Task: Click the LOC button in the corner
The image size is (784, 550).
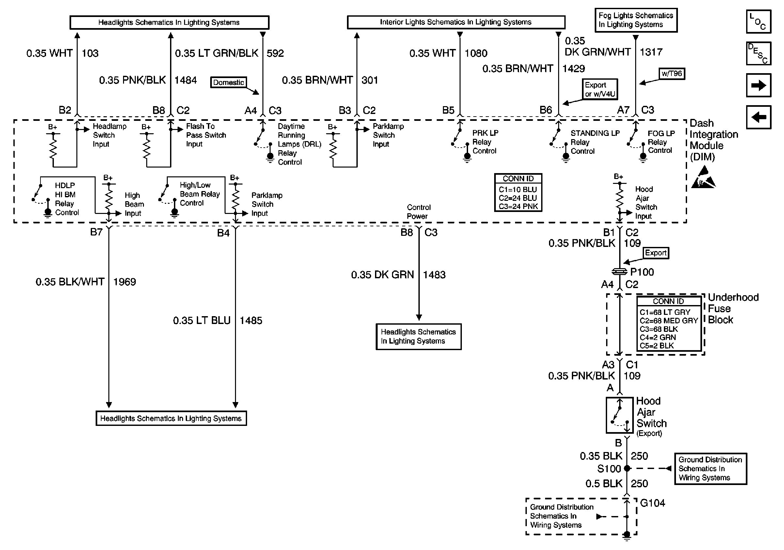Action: pyautogui.click(x=759, y=22)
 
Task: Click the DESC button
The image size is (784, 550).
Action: pyautogui.click(x=759, y=53)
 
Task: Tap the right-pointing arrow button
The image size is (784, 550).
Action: pyautogui.click(x=759, y=85)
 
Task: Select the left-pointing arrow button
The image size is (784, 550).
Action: pyautogui.click(x=759, y=117)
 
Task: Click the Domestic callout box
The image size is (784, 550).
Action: pyautogui.click(x=228, y=82)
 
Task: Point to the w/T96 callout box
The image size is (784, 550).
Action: pyautogui.click(x=672, y=73)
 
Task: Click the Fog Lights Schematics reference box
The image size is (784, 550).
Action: pyautogui.click(x=636, y=20)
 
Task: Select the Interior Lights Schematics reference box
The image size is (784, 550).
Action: pyautogui.click(x=456, y=22)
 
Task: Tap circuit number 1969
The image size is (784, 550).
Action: pyautogui.click(x=125, y=282)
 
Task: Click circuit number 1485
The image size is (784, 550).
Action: pyautogui.click(x=251, y=320)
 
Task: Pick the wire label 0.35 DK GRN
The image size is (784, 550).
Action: pyautogui.click(x=383, y=275)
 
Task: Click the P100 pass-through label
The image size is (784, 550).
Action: pyautogui.click(x=642, y=272)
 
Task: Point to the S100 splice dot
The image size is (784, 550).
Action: pyautogui.click(x=627, y=468)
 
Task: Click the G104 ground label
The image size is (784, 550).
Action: pyautogui.click(x=652, y=503)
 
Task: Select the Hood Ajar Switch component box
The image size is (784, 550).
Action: pyautogui.click(x=619, y=415)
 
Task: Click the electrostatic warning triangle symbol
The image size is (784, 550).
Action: pyautogui.click(x=703, y=178)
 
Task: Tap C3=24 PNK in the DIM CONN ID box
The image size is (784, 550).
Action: pyautogui.click(x=518, y=206)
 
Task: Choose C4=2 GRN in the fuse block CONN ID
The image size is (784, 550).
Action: pyautogui.click(x=658, y=337)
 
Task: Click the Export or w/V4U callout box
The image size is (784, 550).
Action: pyautogui.click(x=600, y=89)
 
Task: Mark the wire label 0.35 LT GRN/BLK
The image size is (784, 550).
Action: pyautogui.click(x=216, y=53)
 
